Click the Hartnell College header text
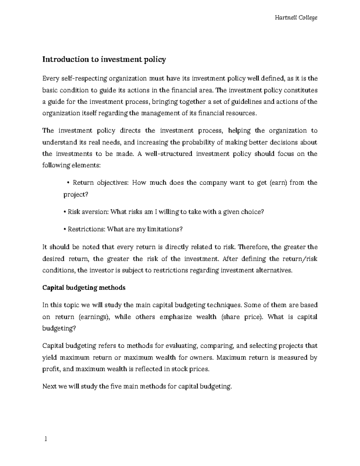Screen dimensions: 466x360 [296, 18]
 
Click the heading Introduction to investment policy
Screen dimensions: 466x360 [104, 59]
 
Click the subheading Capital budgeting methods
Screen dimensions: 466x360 [84, 288]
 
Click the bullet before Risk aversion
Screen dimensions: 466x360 [65, 212]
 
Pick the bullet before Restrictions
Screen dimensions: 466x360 [65, 230]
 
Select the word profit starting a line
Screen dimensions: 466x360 [51, 369]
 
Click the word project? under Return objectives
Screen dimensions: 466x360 [76, 194]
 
